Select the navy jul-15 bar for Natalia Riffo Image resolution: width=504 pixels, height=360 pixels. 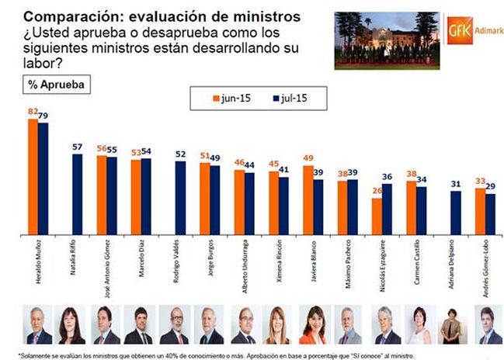tap(77, 194)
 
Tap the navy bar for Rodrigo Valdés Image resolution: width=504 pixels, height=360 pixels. tap(180, 197)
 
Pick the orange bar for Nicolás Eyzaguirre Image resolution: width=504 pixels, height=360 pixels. tap(377, 216)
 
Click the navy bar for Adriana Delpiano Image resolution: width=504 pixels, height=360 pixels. tap(455, 213)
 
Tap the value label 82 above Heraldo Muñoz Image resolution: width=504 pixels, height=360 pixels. tap(33, 112)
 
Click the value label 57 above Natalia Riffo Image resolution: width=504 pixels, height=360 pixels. tap(77, 147)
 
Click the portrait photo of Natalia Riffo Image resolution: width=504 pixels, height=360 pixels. tap(71, 325)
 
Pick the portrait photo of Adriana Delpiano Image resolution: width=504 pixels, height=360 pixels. tap(450, 325)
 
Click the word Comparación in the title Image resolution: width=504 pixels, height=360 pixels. tap(55, 12)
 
